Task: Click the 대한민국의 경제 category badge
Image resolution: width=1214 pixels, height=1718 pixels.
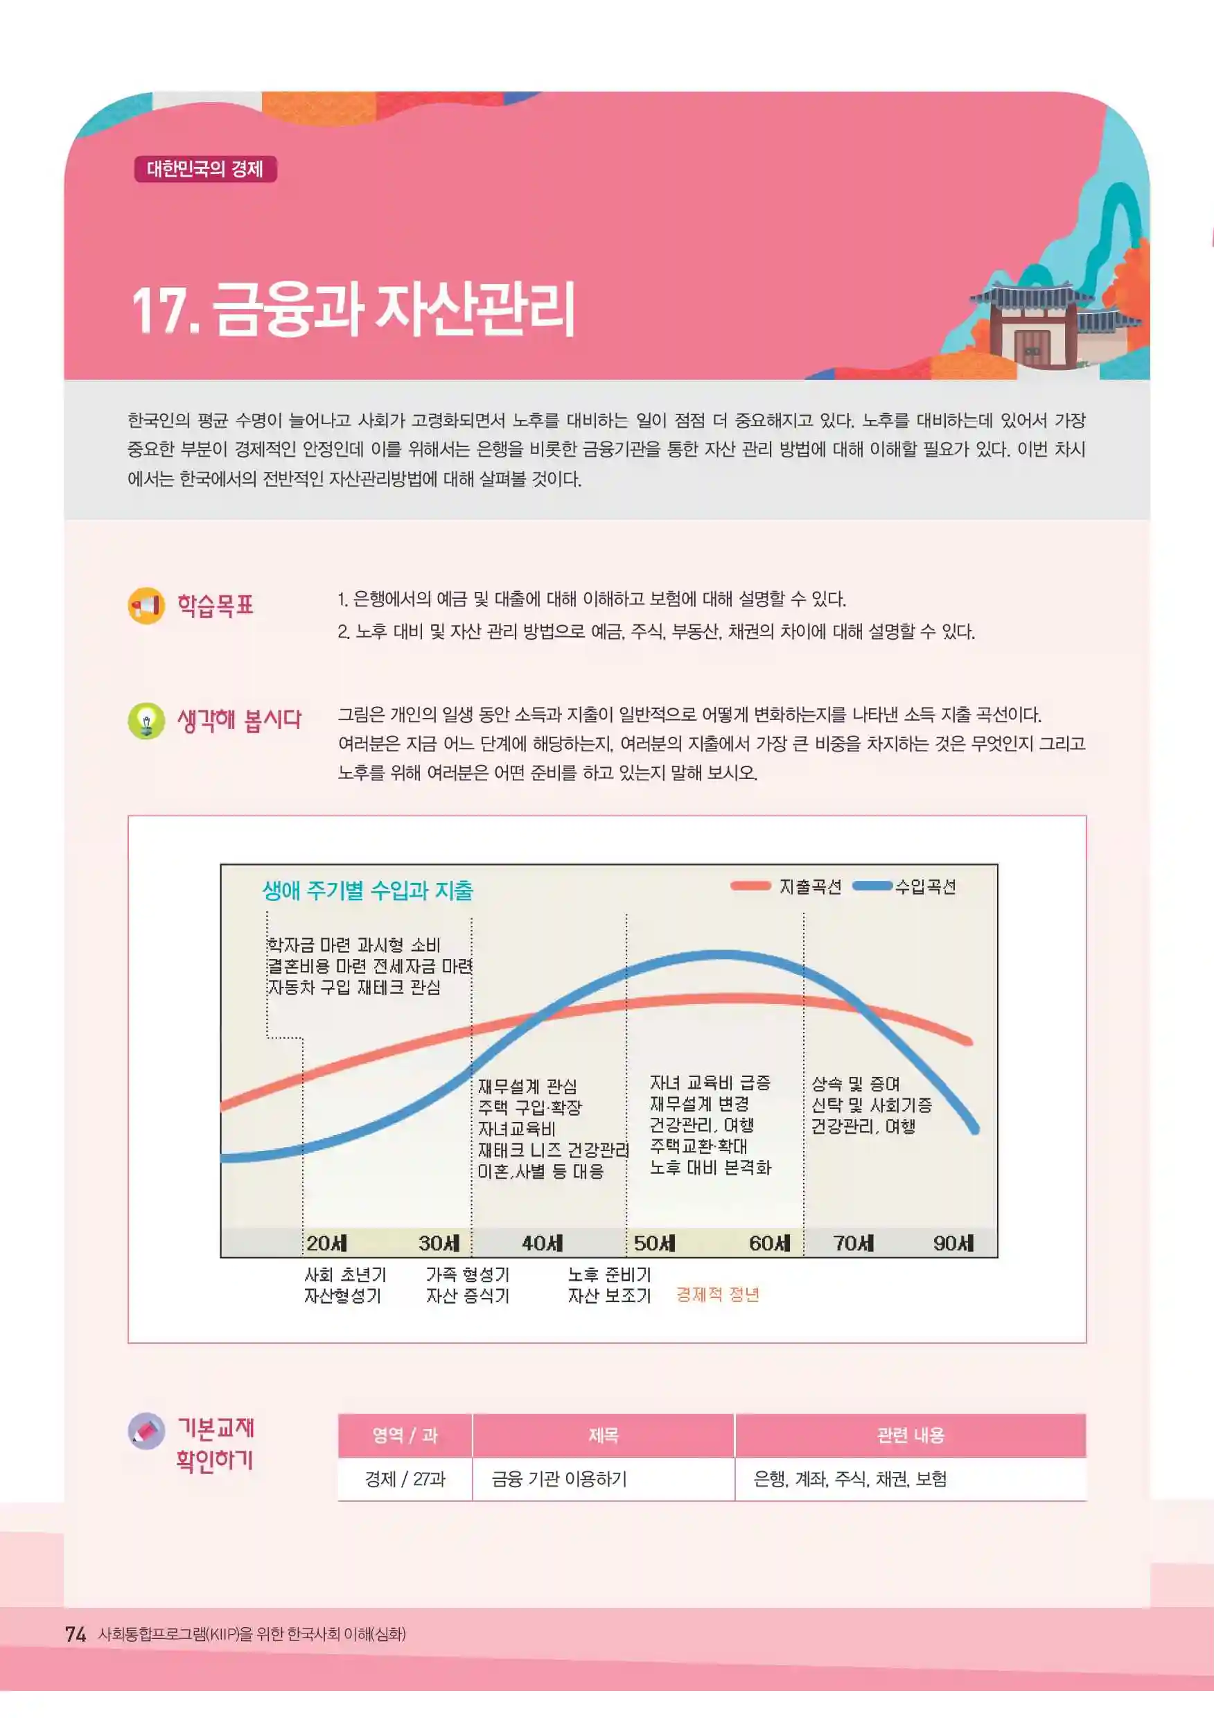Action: click(x=205, y=169)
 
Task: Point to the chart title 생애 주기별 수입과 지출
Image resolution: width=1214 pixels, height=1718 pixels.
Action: click(x=367, y=891)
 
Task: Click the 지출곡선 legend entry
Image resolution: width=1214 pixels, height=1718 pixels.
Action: click(x=785, y=886)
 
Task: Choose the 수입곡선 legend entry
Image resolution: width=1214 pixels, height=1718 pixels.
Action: click(x=904, y=886)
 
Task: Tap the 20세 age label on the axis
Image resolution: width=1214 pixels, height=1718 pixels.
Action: click(x=327, y=1243)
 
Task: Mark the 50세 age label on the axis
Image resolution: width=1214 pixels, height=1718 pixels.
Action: click(x=655, y=1243)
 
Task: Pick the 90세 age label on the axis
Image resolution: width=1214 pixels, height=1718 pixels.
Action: click(x=953, y=1243)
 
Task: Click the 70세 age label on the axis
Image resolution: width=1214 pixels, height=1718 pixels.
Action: click(x=854, y=1243)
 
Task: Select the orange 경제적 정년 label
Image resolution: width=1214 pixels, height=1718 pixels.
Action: click(x=717, y=1295)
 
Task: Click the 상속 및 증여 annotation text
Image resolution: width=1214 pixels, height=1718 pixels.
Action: click(x=856, y=1083)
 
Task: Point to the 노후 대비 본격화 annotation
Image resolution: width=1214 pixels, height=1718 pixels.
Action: click(x=710, y=1167)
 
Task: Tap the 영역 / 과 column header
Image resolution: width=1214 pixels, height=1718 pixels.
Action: click(x=405, y=1435)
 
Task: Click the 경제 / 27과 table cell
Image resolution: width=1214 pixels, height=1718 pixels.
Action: click(x=405, y=1478)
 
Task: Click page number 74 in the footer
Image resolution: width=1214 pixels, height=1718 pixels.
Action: click(x=76, y=1634)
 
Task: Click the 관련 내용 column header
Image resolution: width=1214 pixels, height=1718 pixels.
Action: click(x=910, y=1435)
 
